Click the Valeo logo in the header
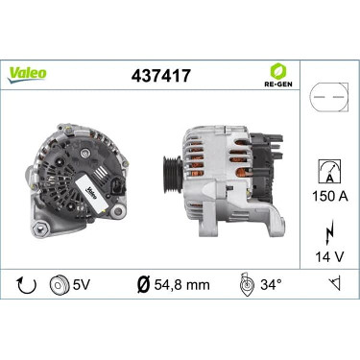(x=27, y=75)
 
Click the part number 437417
(x=161, y=76)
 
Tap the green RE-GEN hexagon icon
(x=277, y=71)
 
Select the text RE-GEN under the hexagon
(x=277, y=84)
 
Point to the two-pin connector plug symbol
(x=329, y=97)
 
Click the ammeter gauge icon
(x=329, y=171)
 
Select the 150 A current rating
(x=330, y=196)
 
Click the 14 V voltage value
(x=329, y=256)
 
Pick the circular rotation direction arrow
(x=27, y=284)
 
